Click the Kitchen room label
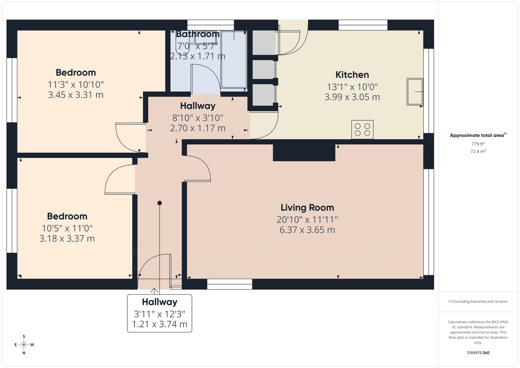[352, 75]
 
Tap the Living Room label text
[307, 208]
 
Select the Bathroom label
[198, 34]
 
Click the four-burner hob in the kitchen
[362, 130]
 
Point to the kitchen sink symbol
[415, 92]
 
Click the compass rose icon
[24, 345]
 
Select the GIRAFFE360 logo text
[478, 353]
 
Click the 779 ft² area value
[478, 144]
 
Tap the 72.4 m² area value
[478, 152]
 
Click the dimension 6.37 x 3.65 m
[307, 230]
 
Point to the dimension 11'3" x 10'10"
[76, 84]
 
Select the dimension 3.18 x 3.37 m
[67, 238]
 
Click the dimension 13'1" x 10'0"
[352, 86]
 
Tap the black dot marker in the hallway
[159, 203]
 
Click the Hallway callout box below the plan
[159, 313]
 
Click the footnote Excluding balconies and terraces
[478, 301]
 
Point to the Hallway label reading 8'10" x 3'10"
[198, 117]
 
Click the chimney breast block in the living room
[304, 153]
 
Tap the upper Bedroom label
[76, 72]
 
